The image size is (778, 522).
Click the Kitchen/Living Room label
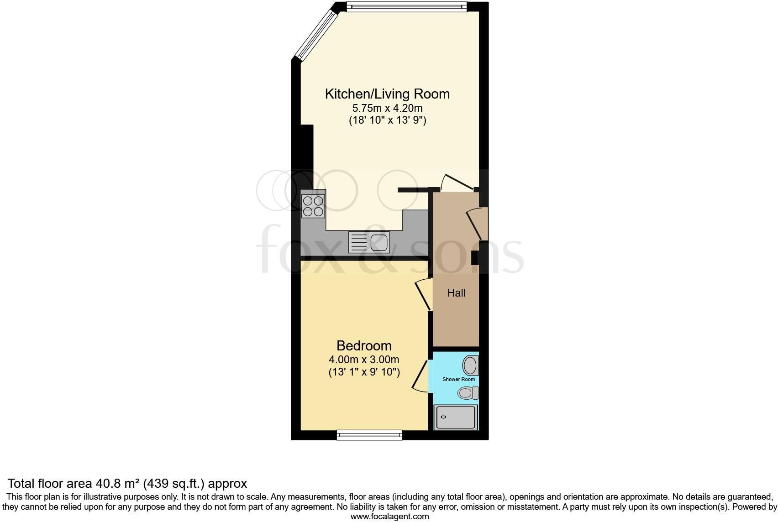tap(387, 94)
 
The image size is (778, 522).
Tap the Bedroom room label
tap(364, 346)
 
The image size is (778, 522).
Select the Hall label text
tap(456, 293)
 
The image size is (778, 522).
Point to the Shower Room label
tap(458, 379)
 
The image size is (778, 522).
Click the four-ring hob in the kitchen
tap(313, 206)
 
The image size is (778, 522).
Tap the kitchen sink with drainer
tap(369, 242)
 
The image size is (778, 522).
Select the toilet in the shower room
tap(468, 393)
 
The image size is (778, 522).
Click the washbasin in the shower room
tap(471, 365)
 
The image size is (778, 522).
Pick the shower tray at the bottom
tap(456, 417)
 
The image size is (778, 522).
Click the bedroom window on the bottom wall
tap(369, 435)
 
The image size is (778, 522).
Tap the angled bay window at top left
tap(316, 35)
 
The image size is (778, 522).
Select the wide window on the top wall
tap(407, 6)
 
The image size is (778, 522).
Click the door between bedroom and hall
tap(424, 294)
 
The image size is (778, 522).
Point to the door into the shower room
tap(420, 376)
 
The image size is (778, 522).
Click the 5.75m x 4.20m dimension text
tap(387, 108)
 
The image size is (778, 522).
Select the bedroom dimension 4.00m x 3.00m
tap(364, 360)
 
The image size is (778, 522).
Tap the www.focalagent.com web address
tap(389, 517)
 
